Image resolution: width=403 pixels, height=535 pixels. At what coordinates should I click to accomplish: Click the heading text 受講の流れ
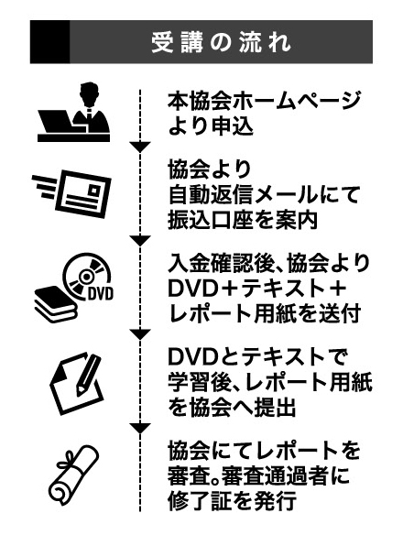click(221, 43)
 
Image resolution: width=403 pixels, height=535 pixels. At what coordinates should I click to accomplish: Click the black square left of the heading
click(49, 42)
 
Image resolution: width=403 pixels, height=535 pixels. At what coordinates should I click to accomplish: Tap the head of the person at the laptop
click(88, 93)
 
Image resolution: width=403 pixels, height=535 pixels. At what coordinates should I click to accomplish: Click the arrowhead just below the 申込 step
click(140, 147)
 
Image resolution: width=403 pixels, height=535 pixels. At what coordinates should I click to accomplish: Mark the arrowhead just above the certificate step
click(140, 429)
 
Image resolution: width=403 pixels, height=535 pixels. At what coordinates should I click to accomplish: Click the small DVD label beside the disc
click(100, 293)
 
